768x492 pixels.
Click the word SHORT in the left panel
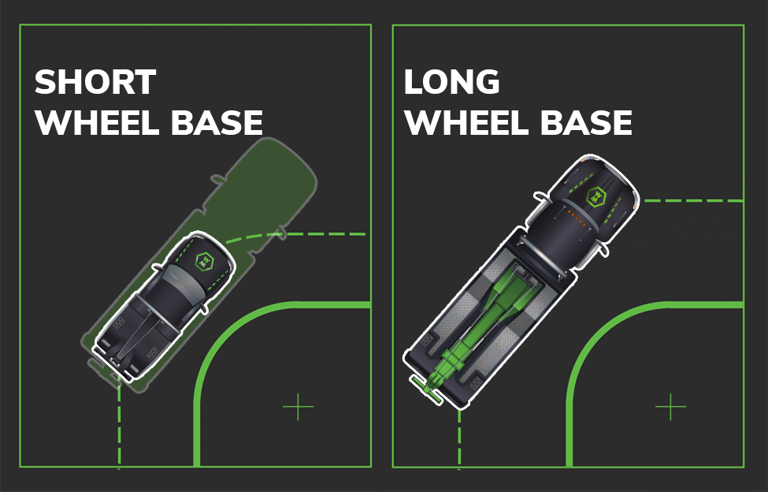tap(95, 82)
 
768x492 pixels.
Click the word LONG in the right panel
tap(451, 82)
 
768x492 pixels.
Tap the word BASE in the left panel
tap(217, 122)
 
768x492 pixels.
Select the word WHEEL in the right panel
tap(466, 122)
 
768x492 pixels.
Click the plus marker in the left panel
tap(299, 406)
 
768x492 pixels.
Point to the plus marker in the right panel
tap(670, 406)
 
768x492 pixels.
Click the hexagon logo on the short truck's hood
tap(204, 262)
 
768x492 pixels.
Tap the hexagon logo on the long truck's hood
tap(596, 197)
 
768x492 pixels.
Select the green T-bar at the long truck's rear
tap(426, 389)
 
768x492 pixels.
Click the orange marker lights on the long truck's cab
tap(576, 218)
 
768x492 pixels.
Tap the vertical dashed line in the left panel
tap(119, 427)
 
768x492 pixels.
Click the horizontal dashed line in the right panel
tap(693, 200)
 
